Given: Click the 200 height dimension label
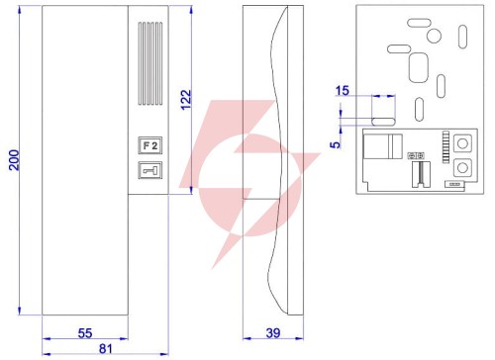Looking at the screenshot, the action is coord(15,160).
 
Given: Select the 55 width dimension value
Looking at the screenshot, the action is coord(85,333).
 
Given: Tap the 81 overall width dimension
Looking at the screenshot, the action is coord(106,348).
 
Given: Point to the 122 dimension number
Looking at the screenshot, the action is coord(186,100).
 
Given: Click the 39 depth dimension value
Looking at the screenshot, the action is coord(273,333).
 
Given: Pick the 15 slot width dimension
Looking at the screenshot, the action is coord(342,90).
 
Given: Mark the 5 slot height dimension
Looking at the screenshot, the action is coord(336,144).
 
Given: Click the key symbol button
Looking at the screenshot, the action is coord(150,170).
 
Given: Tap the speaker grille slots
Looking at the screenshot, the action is coord(150,63).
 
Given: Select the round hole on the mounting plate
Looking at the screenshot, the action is coord(434,36).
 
